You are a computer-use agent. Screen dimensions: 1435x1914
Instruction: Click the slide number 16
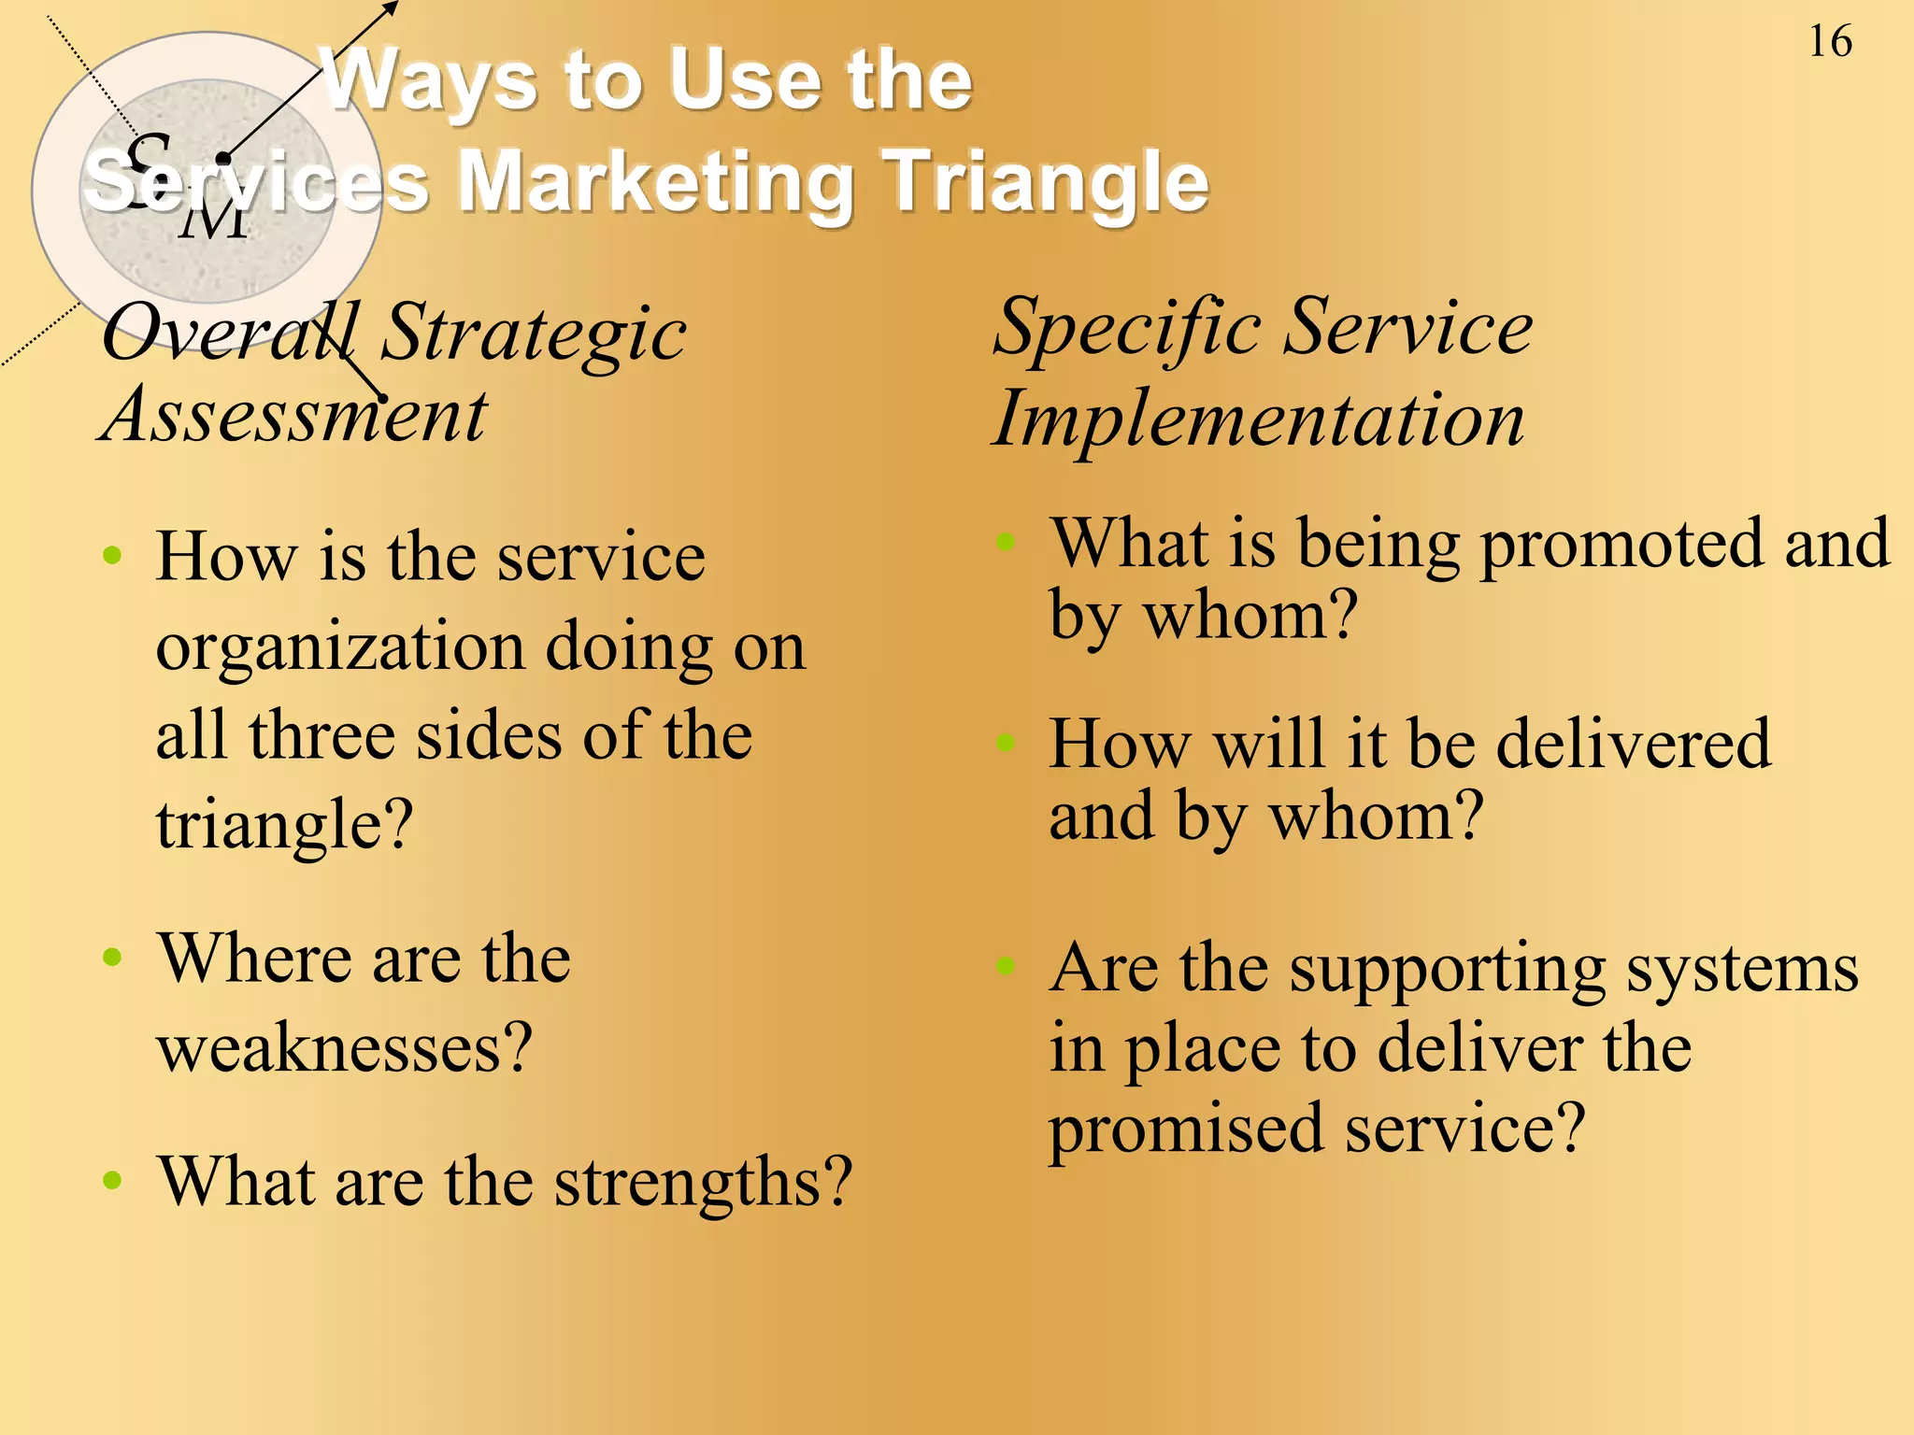(x=1829, y=42)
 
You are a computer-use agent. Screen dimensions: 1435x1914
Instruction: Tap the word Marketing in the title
(x=655, y=181)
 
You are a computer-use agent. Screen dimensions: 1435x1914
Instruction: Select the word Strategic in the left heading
(x=533, y=334)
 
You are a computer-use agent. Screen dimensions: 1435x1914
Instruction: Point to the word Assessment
(x=293, y=415)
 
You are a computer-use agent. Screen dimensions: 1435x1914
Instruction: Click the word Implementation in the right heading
(x=1258, y=419)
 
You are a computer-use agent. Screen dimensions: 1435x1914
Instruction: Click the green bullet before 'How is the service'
(x=112, y=557)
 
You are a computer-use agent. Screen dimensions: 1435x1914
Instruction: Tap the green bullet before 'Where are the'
(x=112, y=958)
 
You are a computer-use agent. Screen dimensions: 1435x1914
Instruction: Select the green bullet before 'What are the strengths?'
(x=112, y=1180)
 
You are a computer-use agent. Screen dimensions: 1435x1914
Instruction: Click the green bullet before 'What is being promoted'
(x=1005, y=542)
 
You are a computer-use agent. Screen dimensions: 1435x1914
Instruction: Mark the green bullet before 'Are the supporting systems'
(x=1005, y=966)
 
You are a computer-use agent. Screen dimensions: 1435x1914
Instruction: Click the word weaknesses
(x=345, y=1047)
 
